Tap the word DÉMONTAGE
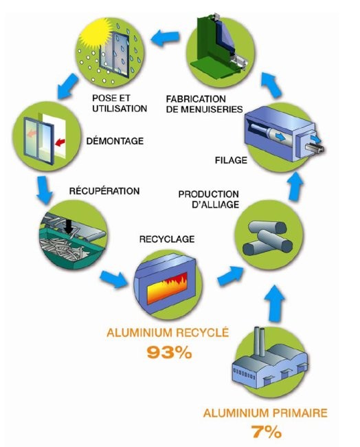pos(115,141)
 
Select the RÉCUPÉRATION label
pos(104,190)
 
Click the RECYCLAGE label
pos(167,239)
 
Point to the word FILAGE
pos(231,160)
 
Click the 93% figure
pos(169,352)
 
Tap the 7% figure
pos(267,432)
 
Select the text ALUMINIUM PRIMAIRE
pos(265,413)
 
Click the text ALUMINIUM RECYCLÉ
pos(168,333)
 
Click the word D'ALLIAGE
pos(216,204)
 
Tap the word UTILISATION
pos(120,109)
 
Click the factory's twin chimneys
pos(260,341)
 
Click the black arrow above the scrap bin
pos(68,226)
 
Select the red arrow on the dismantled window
pos(60,142)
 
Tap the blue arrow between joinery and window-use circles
pos(165,39)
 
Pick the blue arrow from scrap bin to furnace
pos(114,279)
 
